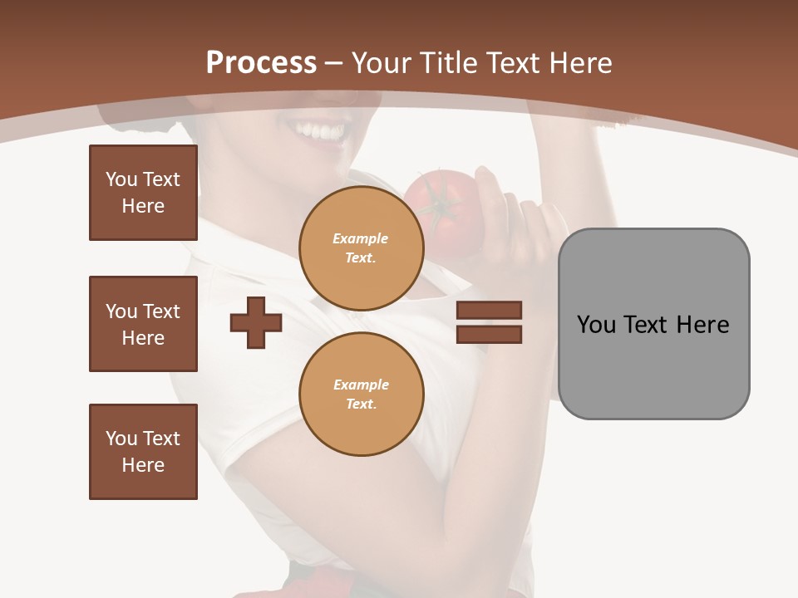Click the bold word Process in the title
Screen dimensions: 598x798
tap(261, 63)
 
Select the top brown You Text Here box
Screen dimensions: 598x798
tap(143, 193)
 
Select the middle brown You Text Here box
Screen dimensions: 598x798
tap(143, 324)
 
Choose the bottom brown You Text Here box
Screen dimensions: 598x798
tap(143, 452)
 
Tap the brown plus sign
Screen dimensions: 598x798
tap(256, 322)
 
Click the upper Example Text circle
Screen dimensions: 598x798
tap(361, 248)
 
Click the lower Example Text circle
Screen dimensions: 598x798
tap(361, 395)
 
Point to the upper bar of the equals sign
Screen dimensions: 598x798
tap(489, 311)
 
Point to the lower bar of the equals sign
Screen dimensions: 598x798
tap(489, 334)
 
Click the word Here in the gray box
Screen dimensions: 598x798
tap(702, 325)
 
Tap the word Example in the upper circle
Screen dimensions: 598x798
tap(361, 238)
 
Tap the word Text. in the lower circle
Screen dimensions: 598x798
tap(361, 404)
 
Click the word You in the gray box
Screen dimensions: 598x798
tap(596, 325)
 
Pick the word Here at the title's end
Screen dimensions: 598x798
tap(580, 63)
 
